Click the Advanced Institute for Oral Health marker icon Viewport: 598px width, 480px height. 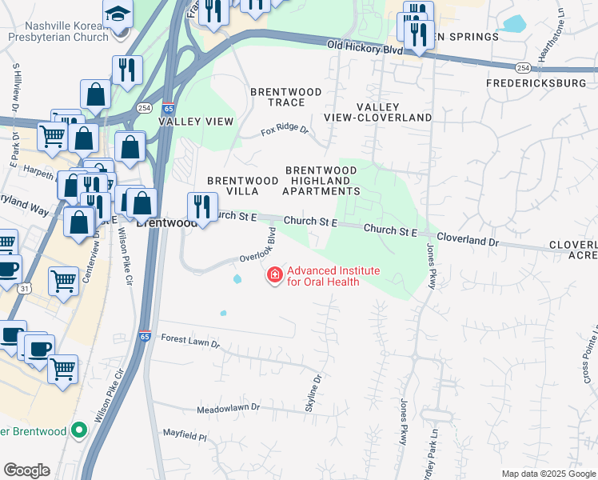point(275,275)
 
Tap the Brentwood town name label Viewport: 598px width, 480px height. point(166,223)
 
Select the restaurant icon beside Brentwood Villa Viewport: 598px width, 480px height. point(202,208)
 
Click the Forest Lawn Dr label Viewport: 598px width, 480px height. point(190,342)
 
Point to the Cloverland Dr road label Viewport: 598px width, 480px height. point(468,241)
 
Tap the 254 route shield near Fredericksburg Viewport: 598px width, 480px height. point(522,67)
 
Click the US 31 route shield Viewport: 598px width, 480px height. point(25,287)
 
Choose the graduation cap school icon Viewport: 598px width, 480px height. point(118,14)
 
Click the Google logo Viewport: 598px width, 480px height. point(26,470)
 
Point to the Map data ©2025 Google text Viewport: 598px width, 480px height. point(548,474)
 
